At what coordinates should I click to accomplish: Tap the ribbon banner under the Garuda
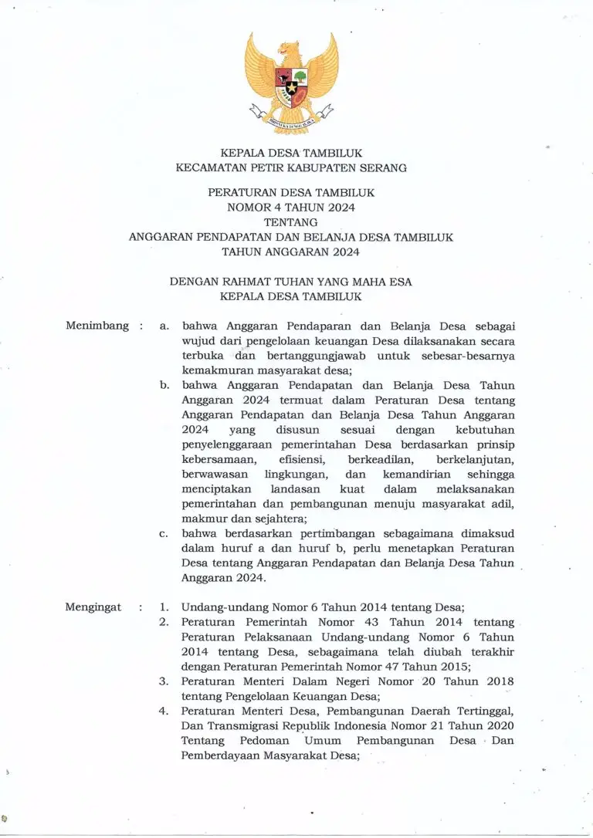click(291, 118)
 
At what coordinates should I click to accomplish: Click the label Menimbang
click(97, 326)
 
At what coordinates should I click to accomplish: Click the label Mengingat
click(93, 607)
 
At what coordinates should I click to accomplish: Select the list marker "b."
click(164, 384)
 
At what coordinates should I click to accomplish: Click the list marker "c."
click(164, 532)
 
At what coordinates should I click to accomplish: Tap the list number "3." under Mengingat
click(164, 681)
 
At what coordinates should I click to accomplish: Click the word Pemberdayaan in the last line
click(219, 755)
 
